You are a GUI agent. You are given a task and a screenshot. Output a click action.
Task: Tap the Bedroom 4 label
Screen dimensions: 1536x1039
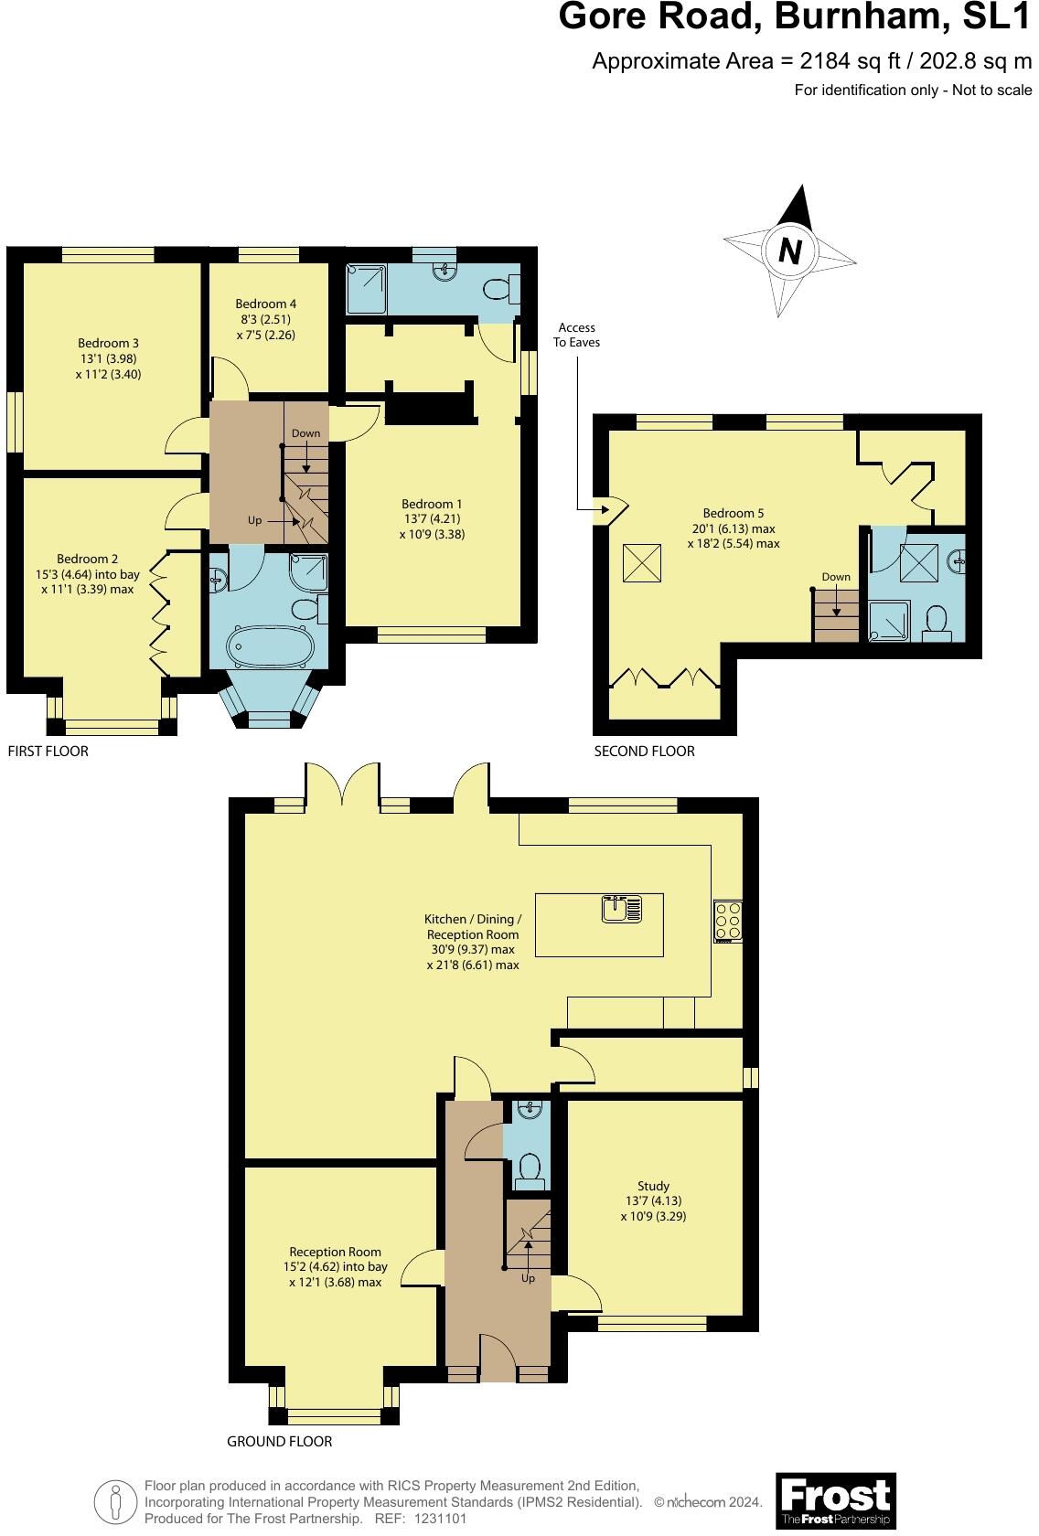[265, 304]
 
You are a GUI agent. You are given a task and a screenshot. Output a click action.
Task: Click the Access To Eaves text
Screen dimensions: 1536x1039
[576, 335]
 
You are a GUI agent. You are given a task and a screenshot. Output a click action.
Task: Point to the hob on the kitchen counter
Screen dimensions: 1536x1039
[728, 921]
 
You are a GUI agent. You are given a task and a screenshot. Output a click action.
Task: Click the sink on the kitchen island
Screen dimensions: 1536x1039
[622, 909]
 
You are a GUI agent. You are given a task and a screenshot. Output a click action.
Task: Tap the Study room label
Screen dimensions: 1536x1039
[653, 1186]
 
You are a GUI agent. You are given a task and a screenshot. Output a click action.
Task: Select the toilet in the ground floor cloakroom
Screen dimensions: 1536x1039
[528, 1168]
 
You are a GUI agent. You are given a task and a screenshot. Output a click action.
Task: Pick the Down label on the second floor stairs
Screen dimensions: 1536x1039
[835, 577]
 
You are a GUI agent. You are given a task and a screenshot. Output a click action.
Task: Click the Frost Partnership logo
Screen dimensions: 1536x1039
[835, 1500]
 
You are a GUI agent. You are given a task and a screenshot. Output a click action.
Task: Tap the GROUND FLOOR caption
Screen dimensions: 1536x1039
[279, 1442]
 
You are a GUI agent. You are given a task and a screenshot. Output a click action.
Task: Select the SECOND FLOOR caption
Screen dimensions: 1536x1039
[644, 752]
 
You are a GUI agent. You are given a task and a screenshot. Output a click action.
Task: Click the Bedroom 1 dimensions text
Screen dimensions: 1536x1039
[432, 527]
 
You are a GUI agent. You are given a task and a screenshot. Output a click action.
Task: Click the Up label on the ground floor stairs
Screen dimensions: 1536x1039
[528, 1278]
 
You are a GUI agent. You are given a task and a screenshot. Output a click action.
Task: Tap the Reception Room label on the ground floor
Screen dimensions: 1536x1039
[335, 1252]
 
